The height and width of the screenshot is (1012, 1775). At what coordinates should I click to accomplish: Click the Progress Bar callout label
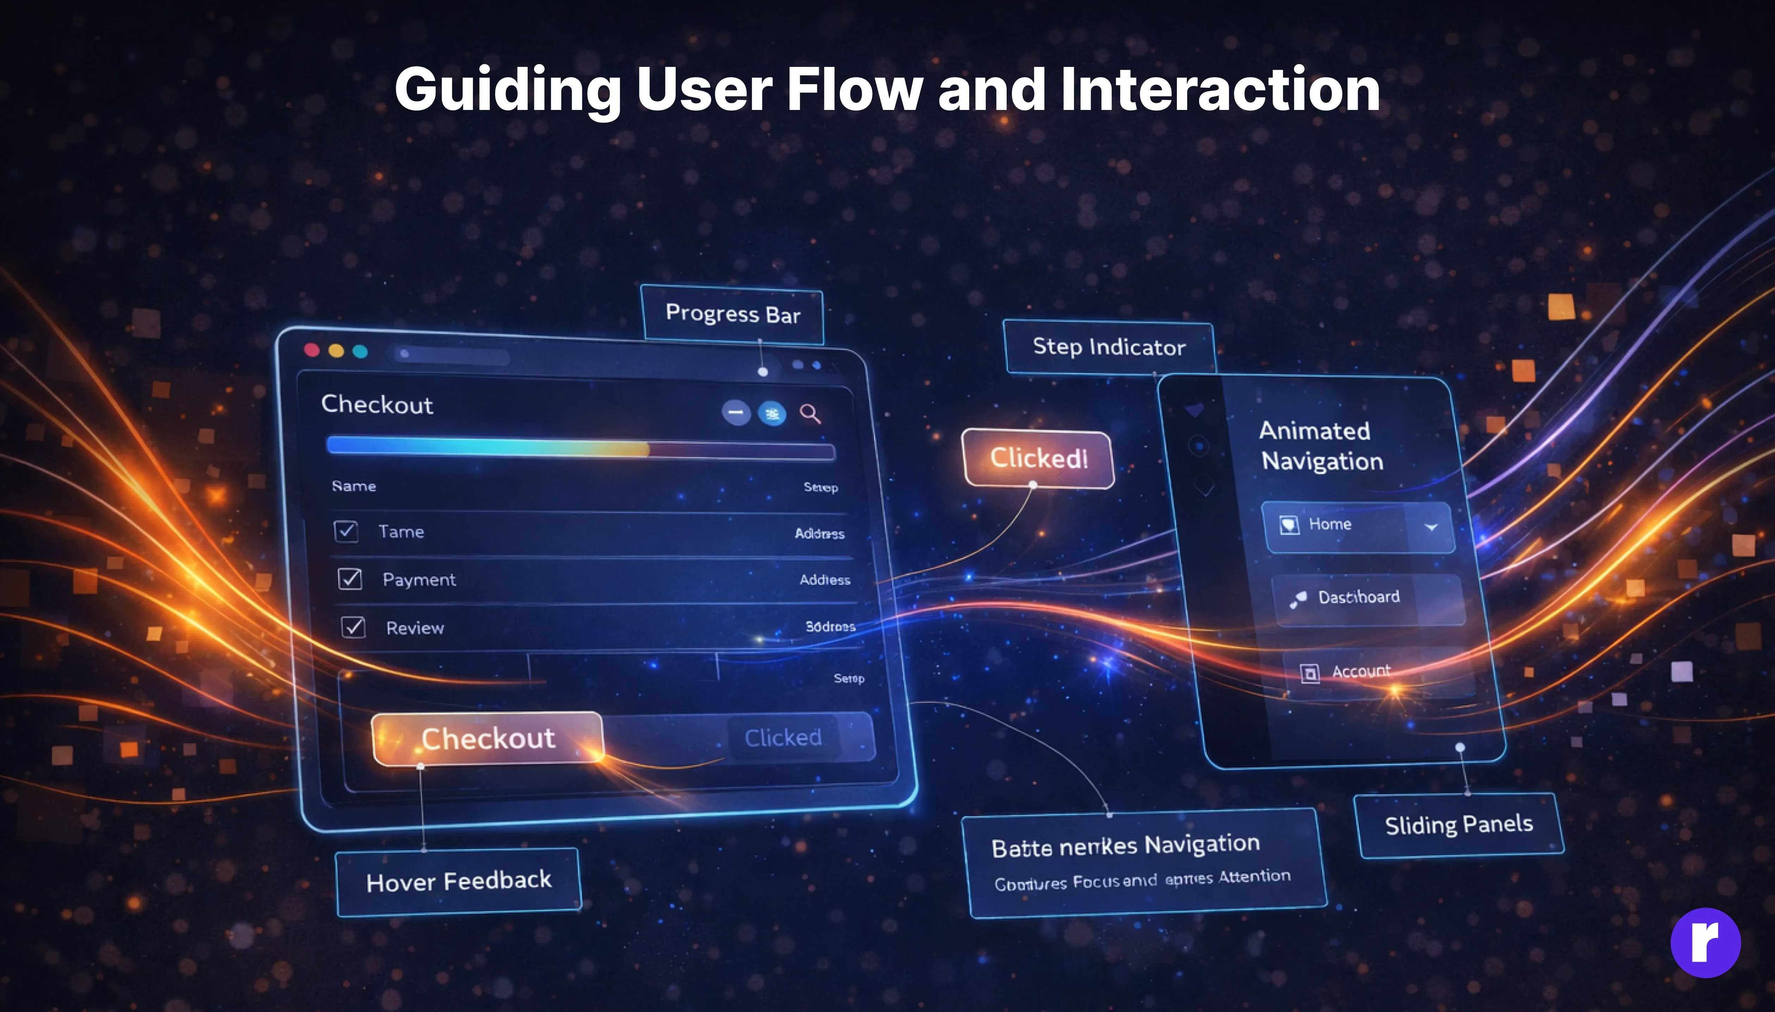click(x=733, y=314)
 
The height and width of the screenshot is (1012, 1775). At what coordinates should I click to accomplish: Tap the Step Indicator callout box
click(x=1109, y=347)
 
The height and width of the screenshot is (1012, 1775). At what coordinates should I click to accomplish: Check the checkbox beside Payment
click(x=350, y=578)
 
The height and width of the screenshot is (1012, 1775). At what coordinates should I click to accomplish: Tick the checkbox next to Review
click(x=353, y=627)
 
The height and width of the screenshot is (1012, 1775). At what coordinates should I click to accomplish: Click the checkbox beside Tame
click(x=346, y=531)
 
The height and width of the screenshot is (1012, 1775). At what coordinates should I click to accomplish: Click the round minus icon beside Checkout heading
click(x=736, y=413)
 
